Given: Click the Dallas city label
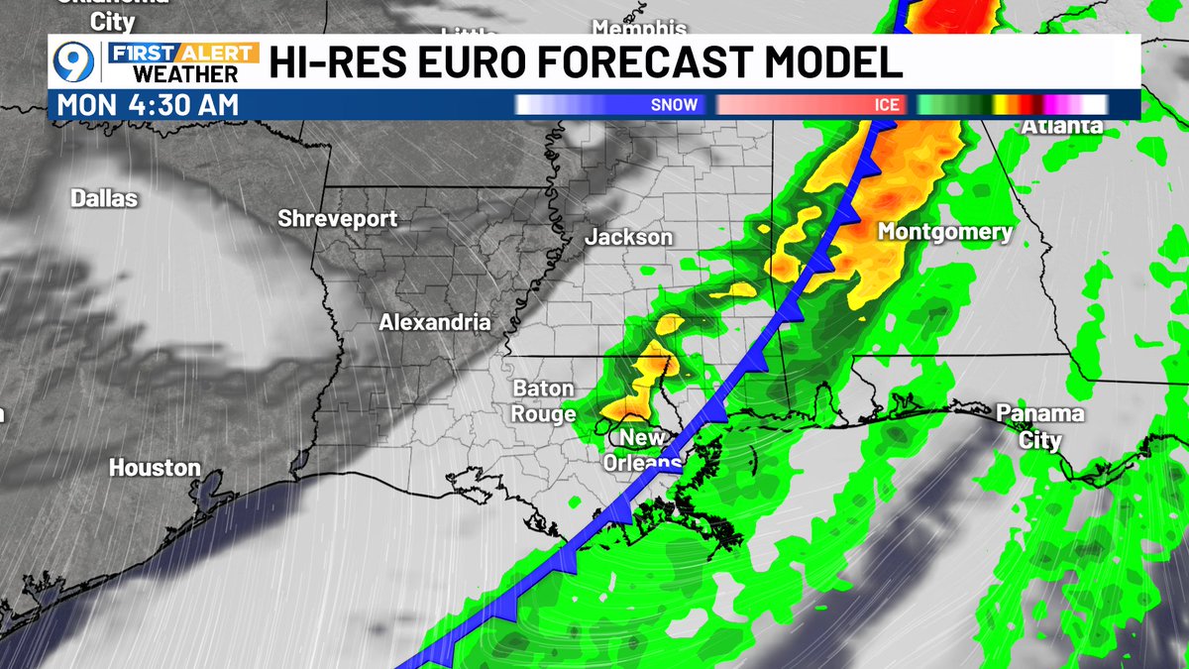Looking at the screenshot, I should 104,198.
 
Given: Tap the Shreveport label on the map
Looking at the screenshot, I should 337,218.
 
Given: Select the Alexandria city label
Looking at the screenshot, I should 435,322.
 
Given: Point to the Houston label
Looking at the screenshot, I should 155,467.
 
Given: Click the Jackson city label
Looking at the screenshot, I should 628,237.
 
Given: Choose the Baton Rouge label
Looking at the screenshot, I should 544,401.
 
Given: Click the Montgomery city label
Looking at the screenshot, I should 945,232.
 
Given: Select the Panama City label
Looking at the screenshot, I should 1039,426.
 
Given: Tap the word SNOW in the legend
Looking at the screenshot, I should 674,104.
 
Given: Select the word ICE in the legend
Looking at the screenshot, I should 887,104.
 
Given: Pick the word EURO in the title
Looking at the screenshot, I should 480,62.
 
